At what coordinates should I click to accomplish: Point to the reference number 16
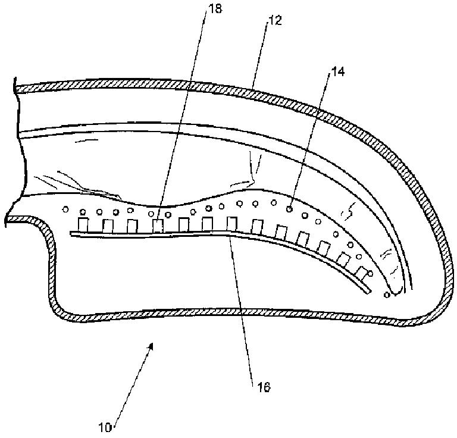263,387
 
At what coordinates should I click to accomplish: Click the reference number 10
106,427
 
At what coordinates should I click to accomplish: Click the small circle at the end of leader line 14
290,208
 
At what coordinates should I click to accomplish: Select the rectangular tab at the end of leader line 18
158,226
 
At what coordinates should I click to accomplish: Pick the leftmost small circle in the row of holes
65,209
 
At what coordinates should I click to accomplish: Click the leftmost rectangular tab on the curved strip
83,225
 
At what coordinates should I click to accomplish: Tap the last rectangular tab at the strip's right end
361,272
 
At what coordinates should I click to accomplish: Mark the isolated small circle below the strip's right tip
387,295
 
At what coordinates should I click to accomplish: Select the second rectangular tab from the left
108,226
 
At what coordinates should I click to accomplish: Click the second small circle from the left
83,211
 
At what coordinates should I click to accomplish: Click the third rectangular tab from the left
133,226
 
